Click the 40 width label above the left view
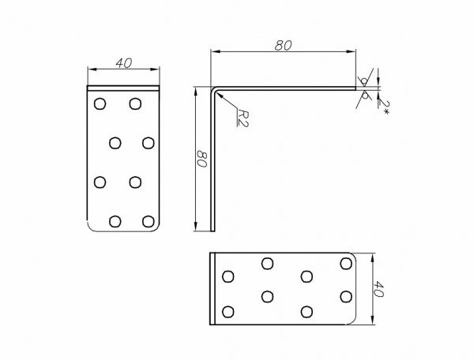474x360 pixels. [x=124, y=63]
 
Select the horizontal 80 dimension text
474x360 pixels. [x=284, y=45]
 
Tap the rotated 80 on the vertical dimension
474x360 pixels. [x=201, y=159]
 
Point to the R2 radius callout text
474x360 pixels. [x=243, y=118]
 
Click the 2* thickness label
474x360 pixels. [x=385, y=107]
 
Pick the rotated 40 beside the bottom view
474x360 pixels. [x=378, y=289]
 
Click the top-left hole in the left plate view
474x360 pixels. [x=100, y=103]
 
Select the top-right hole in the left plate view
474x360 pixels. [x=135, y=103]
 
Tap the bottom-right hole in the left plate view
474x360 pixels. [x=149, y=221]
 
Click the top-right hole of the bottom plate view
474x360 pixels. [x=346, y=264]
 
